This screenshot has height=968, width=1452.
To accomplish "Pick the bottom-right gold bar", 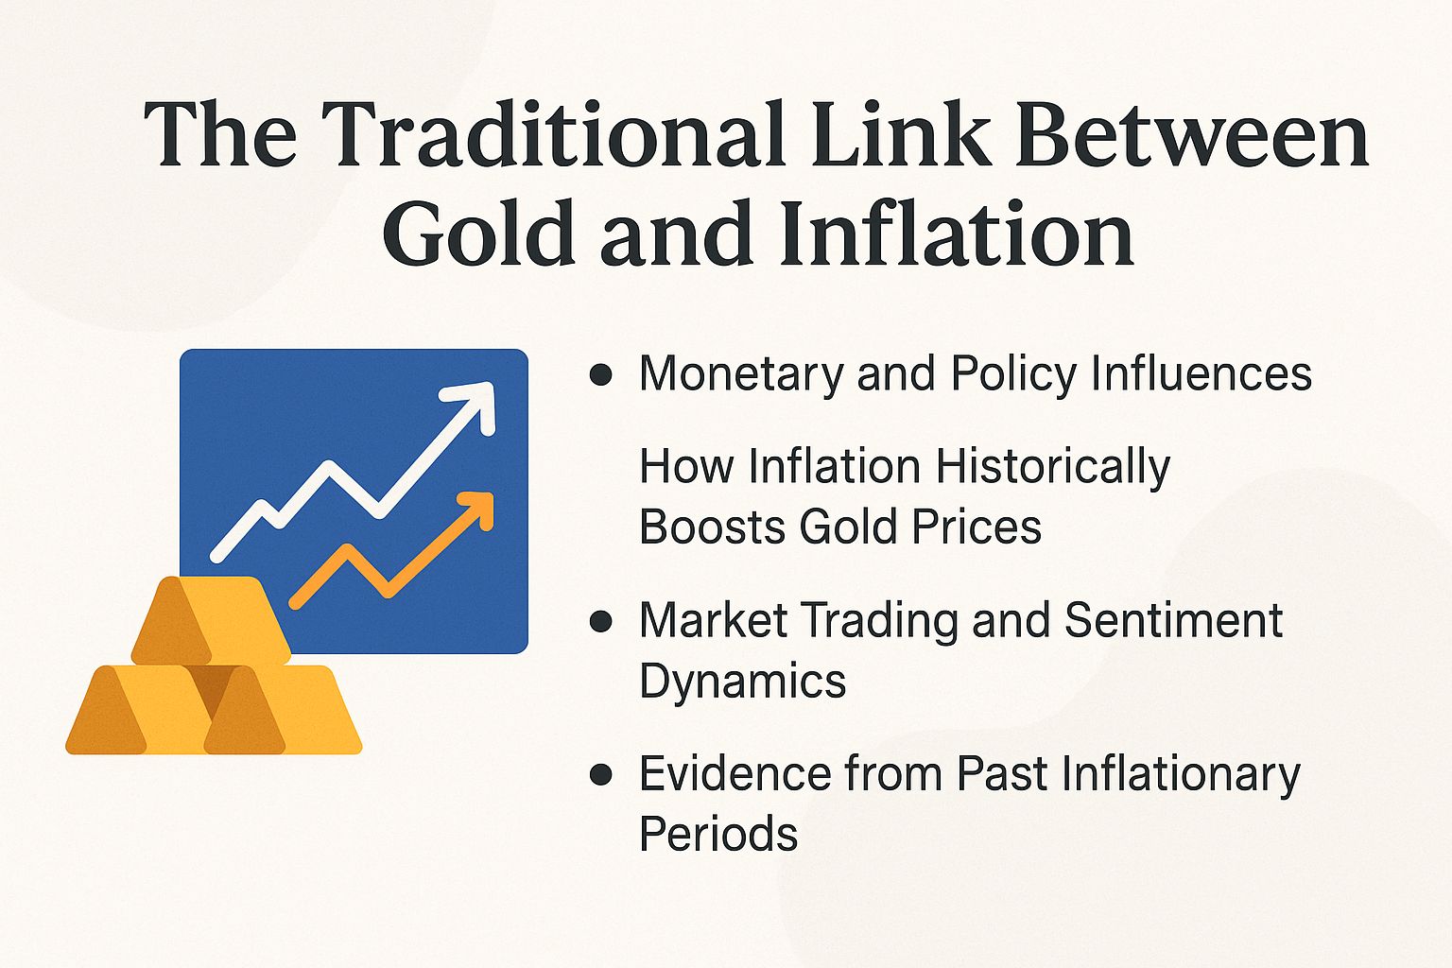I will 284,709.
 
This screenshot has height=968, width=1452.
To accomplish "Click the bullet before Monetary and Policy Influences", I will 599,374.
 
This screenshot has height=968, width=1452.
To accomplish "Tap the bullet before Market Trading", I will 599,621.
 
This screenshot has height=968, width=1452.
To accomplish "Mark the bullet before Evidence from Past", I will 599,775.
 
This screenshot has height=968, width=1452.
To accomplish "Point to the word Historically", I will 1052,467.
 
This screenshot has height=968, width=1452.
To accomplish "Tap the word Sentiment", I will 1173,621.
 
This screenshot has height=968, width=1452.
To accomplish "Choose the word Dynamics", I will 742,682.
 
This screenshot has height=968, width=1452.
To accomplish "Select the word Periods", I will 718,835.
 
